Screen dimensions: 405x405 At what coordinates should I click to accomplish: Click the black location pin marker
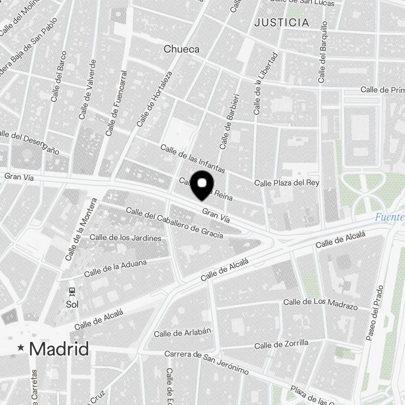point(202,185)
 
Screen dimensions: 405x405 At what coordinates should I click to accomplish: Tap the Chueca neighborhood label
point(181,49)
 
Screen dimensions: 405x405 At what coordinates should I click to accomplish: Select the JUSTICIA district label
point(281,23)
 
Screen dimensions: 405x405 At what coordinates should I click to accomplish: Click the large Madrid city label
point(59,349)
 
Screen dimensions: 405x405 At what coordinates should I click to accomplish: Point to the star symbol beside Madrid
point(21,347)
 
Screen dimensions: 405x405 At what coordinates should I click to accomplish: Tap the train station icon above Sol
point(72,291)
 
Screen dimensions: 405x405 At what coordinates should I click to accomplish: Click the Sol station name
point(72,304)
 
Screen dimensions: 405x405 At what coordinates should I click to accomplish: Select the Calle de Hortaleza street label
point(154,99)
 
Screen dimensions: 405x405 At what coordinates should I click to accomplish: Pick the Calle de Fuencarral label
point(116,104)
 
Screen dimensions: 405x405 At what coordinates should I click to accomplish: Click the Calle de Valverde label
point(88,90)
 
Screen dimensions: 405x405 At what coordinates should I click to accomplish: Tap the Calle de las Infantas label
point(192,158)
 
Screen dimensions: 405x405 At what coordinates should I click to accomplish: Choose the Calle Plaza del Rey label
point(287,183)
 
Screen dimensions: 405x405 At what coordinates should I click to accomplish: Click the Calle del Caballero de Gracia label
point(175,223)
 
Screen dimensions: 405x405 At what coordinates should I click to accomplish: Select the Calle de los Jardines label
point(126,238)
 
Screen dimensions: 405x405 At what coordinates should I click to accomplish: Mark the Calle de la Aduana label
point(115,269)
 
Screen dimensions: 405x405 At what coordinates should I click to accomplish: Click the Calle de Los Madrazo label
point(320,304)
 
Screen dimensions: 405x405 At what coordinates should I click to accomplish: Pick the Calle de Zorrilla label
point(281,345)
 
